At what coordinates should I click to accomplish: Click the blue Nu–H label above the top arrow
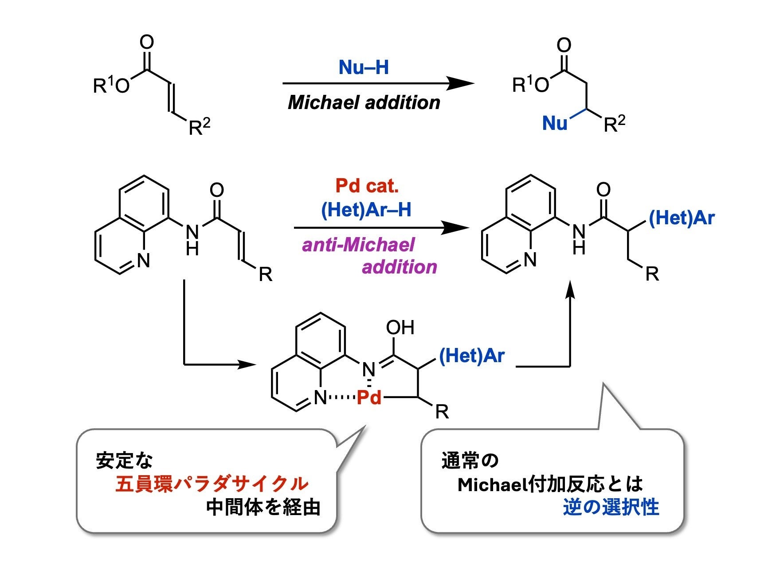tap(364, 68)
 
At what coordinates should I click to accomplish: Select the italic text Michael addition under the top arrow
tap(364, 103)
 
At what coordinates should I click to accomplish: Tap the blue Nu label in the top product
tap(555, 123)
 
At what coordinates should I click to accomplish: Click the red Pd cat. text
tap(367, 186)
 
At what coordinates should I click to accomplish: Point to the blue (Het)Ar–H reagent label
tap(366, 210)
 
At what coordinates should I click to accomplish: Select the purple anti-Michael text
tap(358, 245)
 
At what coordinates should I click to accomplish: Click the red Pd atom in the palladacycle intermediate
tap(369, 398)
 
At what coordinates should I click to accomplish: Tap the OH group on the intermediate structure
tap(400, 328)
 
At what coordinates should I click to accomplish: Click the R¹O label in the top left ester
tap(111, 86)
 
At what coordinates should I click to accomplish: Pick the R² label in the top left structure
tap(199, 127)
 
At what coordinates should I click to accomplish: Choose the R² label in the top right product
tap(615, 124)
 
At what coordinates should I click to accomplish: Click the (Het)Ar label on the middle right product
tap(682, 218)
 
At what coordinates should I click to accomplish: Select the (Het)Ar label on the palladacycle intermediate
tap(472, 355)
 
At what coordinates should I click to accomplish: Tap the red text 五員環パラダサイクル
tap(212, 484)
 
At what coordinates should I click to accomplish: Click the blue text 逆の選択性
tap(611, 508)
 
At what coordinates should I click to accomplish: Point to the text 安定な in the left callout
tap(125, 461)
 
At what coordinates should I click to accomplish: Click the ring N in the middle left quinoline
tap(143, 261)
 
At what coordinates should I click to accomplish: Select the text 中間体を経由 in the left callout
tap(263, 508)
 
